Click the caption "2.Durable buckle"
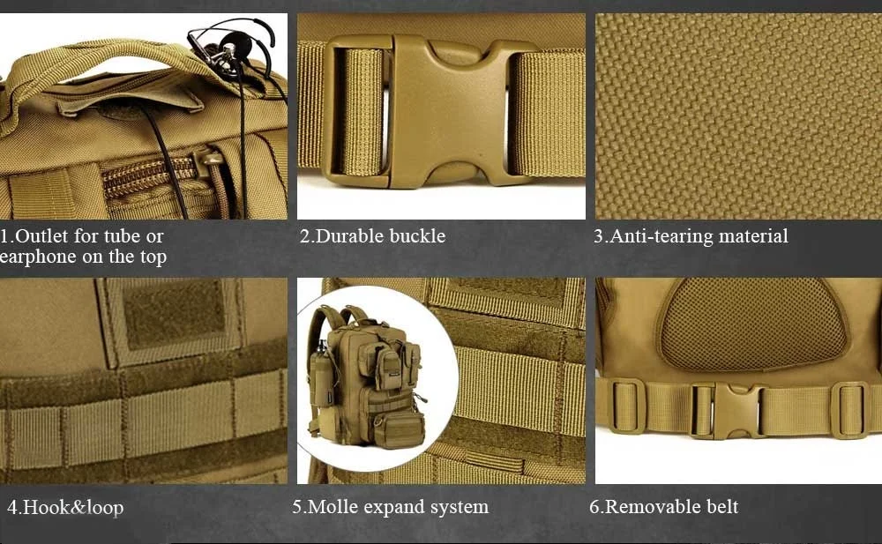372,236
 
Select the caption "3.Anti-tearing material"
691,236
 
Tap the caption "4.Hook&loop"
65,508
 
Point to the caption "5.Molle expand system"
391,507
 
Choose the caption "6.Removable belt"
664,507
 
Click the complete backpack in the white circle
369,376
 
